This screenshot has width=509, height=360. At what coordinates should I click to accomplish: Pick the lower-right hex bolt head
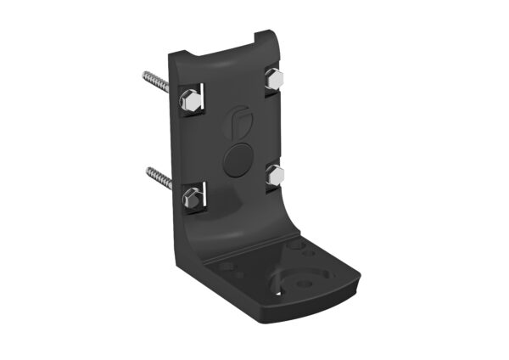(x=275, y=177)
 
